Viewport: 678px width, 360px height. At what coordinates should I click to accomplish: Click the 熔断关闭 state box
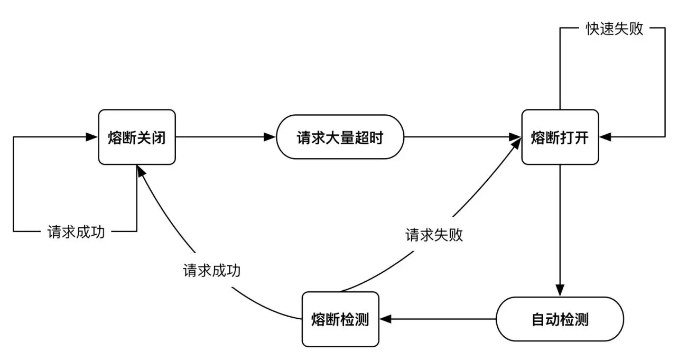tap(137, 137)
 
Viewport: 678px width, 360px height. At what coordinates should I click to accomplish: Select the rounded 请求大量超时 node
tap(340, 137)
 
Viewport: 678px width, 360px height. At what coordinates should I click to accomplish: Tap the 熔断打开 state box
tap(560, 137)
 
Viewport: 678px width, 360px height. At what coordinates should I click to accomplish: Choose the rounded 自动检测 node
tap(560, 319)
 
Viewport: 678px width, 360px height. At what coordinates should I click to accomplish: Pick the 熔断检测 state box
tap(340, 319)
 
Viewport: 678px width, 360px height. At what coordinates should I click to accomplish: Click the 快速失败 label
tap(614, 29)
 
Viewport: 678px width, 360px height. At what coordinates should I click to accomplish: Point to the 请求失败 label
tap(434, 235)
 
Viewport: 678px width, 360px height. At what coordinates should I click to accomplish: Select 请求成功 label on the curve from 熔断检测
tap(212, 270)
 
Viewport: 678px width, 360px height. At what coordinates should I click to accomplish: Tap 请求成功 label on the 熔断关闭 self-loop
tap(76, 232)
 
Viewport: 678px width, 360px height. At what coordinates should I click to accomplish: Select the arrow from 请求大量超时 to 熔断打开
tap(462, 137)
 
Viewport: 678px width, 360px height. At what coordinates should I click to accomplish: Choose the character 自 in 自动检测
tap(538, 320)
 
